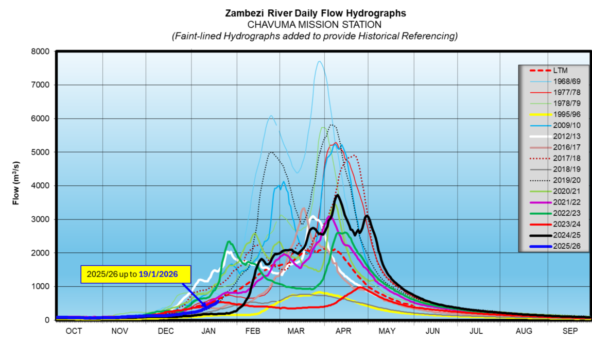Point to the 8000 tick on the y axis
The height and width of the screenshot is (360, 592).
pos(41,52)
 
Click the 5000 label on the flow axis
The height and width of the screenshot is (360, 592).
pos(41,152)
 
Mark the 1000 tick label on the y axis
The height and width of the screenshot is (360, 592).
pos(41,287)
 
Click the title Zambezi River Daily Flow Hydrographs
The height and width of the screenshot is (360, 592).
pos(315,13)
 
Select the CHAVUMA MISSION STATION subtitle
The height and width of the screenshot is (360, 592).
pos(315,25)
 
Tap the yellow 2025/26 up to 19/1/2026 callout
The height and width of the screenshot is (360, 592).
pos(136,275)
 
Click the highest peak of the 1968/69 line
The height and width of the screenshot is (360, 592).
pos(320,61)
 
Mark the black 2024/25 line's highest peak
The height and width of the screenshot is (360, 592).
pos(337,195)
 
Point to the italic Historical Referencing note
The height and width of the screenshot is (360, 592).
pos(315,36)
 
